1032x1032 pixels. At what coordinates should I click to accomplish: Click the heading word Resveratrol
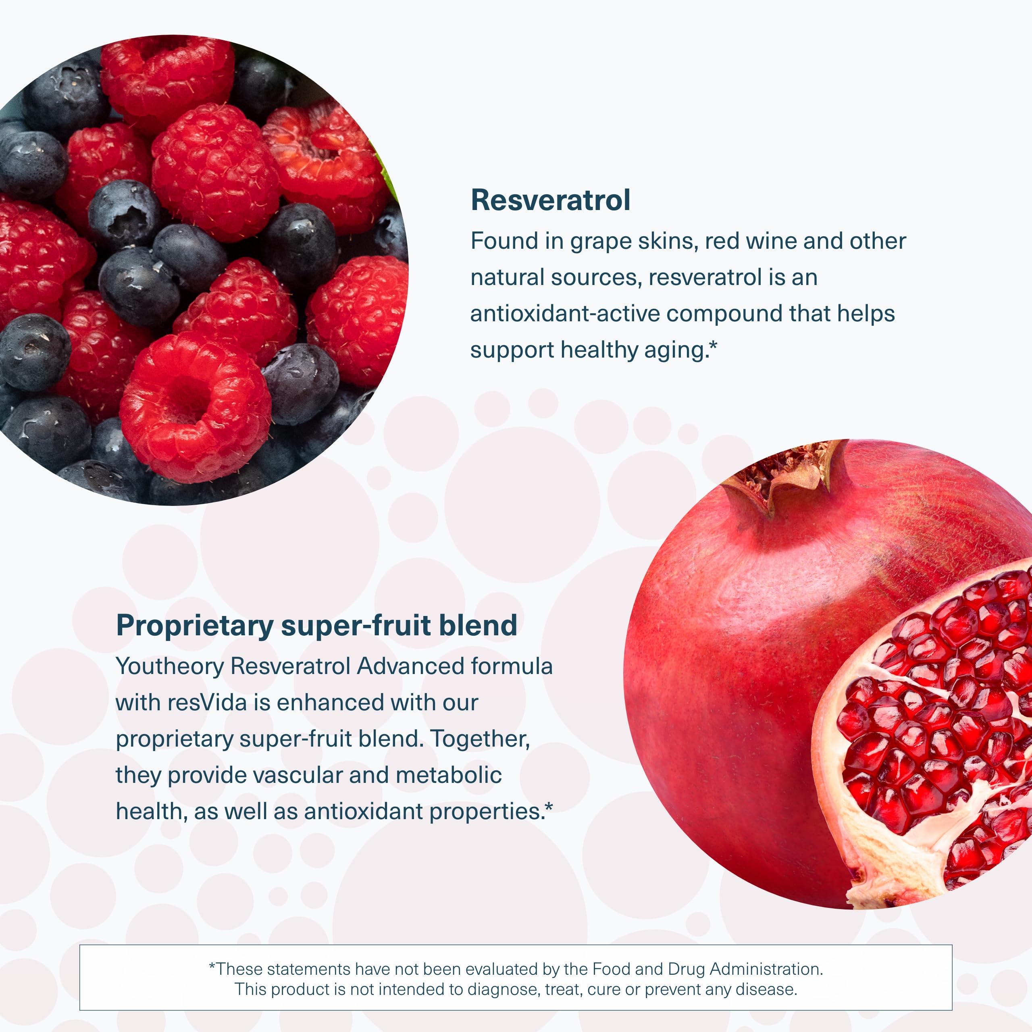tap(550, 201)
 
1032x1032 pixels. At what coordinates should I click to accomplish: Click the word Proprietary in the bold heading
tap(194, 626)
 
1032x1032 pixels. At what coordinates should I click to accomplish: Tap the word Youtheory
tap(169, 667)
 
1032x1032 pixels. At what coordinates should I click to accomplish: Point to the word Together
tap(480, 739)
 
